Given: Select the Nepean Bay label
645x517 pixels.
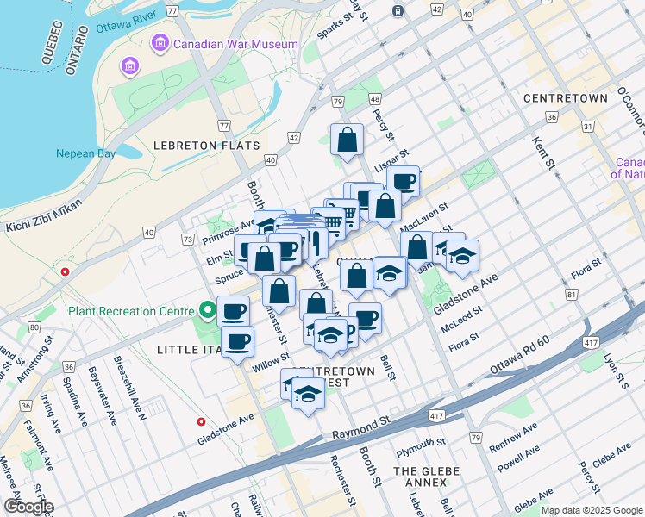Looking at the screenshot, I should [85, 154].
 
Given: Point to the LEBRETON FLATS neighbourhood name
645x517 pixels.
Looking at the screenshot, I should [206, 146].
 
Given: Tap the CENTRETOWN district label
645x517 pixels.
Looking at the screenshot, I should [565, 98].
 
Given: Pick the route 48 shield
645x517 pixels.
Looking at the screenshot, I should [374, 100].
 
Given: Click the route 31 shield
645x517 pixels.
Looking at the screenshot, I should [588, 127].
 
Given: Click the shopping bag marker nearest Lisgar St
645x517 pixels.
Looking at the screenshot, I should [346, 139].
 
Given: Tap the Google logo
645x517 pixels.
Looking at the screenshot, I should [28, 507].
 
